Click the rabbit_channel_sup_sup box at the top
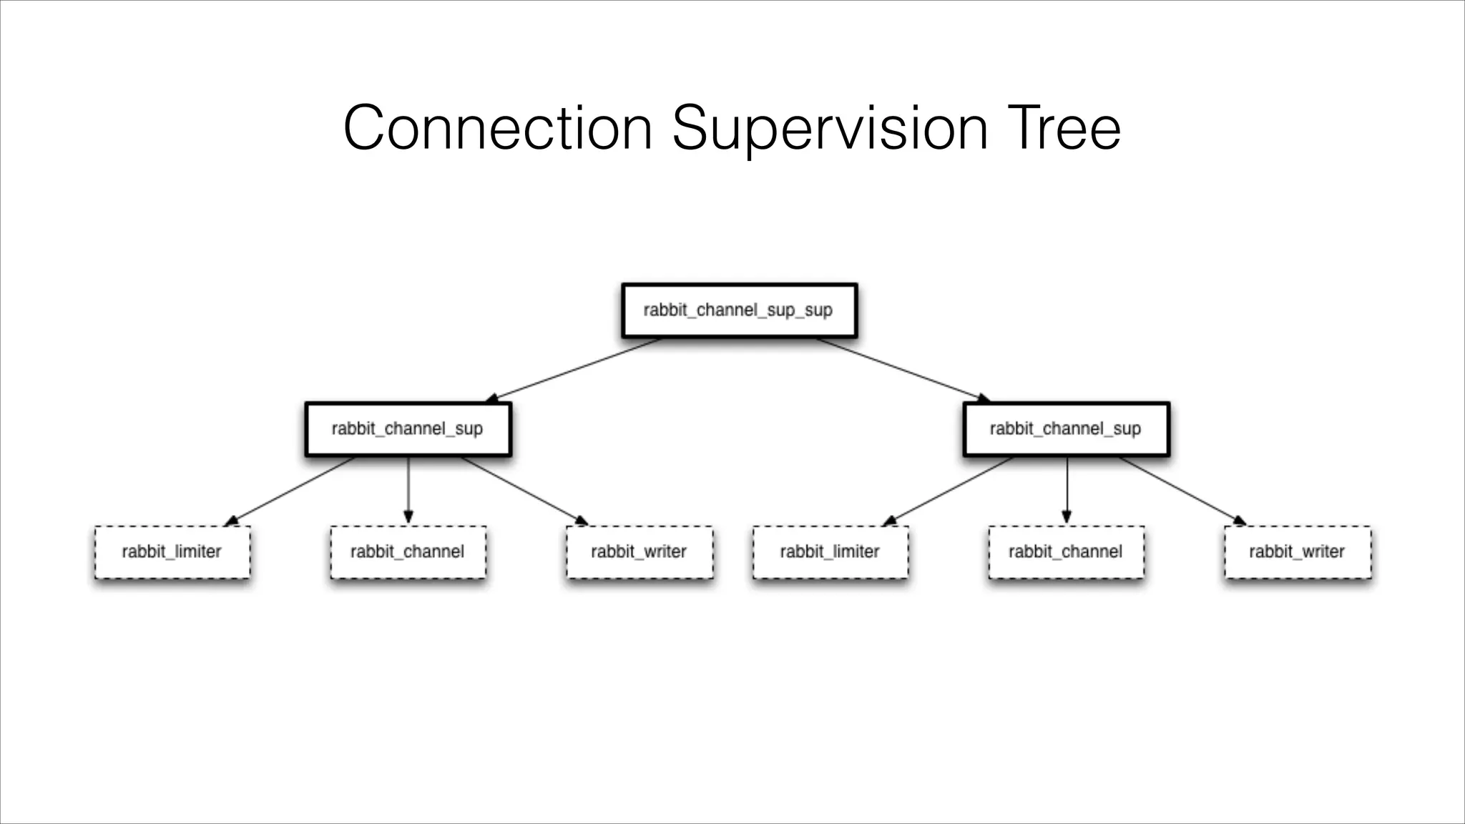739,310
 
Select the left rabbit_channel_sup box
408,429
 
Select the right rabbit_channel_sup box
1066,429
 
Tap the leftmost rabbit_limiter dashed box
172,552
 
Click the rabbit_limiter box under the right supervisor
831,552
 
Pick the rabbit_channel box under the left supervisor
408,552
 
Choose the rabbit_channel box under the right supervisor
1066,552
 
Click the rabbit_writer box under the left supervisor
640,552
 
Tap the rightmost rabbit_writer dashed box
1298,552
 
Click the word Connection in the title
497,129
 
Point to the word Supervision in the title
830,129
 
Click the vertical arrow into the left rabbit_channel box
408,491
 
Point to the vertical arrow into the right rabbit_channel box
1067,491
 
